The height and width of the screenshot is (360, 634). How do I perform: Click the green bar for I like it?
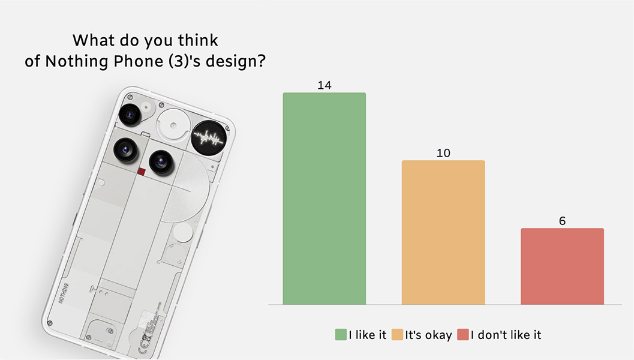324,198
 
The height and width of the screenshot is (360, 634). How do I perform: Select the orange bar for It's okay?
443,232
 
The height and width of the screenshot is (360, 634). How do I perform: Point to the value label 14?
324,85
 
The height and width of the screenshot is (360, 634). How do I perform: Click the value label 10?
443,153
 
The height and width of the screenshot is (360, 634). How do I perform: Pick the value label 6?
562,221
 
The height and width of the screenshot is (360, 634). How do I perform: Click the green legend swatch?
341,335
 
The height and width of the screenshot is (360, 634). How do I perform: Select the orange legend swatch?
397,335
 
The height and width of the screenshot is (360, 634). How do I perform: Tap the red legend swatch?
462,335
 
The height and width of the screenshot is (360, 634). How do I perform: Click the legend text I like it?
368,335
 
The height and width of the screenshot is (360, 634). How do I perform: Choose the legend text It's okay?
428,335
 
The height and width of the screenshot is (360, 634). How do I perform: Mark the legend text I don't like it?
506,335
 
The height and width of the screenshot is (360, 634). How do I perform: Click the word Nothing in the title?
71,61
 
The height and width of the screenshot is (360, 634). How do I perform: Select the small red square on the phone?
142,172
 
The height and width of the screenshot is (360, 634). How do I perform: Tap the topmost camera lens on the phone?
130,113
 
